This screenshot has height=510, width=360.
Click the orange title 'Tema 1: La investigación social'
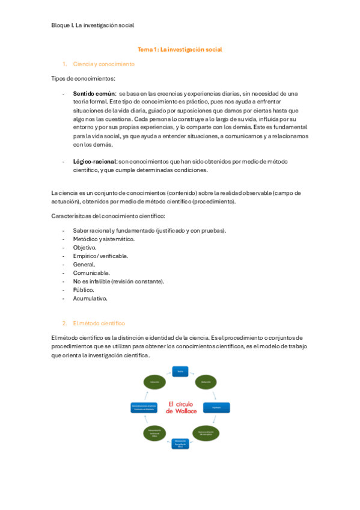[x=180, y=49]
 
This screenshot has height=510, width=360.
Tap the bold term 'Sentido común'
[x=94, y=94]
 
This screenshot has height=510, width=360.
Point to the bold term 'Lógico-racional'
[x=95, y=162]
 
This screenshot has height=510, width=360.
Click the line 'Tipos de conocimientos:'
[x=84, y=79]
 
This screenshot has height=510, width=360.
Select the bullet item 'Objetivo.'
[x=85, y=247]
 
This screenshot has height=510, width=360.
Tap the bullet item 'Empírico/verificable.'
[x=100, y=256]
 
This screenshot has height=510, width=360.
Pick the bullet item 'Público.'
[x=84, y=289]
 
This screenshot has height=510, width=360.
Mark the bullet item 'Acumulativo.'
[x=90, y=298]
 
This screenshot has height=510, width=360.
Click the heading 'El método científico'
[x=99, y=323]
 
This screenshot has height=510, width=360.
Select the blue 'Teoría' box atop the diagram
[x=180, y=372]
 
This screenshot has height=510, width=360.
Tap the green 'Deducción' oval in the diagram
[x=205, y=381]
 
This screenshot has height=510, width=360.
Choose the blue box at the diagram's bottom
[x=180, y=444]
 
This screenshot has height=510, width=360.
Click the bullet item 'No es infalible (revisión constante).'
[x=118, y=281]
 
